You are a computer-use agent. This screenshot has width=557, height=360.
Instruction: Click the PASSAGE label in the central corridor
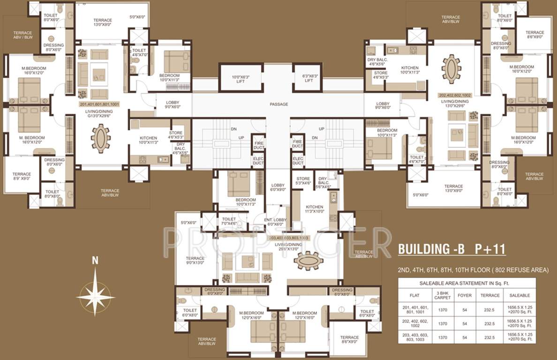click(x=278, y=104)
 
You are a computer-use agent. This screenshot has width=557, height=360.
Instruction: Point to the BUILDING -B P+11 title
click(x=452, y=249)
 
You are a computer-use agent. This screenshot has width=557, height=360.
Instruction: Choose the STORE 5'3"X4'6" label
click(x=303, y=181)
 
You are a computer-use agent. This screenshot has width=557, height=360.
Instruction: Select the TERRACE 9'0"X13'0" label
click(x=195, y=261)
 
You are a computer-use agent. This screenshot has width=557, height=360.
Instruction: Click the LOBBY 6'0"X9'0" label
click(x=278, y=187)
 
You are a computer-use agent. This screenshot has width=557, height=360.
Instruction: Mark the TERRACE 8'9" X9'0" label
click(x=22, y=176)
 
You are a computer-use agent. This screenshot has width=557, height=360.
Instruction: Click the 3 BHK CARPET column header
click(x=443, y=295)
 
